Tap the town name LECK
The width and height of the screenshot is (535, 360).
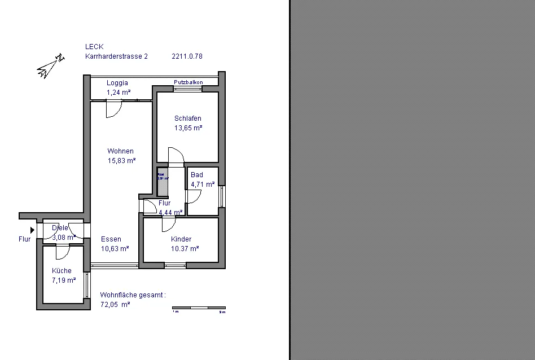tap(94, 63)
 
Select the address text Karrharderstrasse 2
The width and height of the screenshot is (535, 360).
tap(116, 72)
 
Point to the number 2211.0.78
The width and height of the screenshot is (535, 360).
tap(187, 72)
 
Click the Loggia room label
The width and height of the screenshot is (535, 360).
tap(117, 83)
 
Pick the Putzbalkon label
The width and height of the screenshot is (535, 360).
tap(188, 82)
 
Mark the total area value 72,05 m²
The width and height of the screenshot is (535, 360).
tap(115, 320)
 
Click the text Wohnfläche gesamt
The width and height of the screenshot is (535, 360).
tap(133, 310)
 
